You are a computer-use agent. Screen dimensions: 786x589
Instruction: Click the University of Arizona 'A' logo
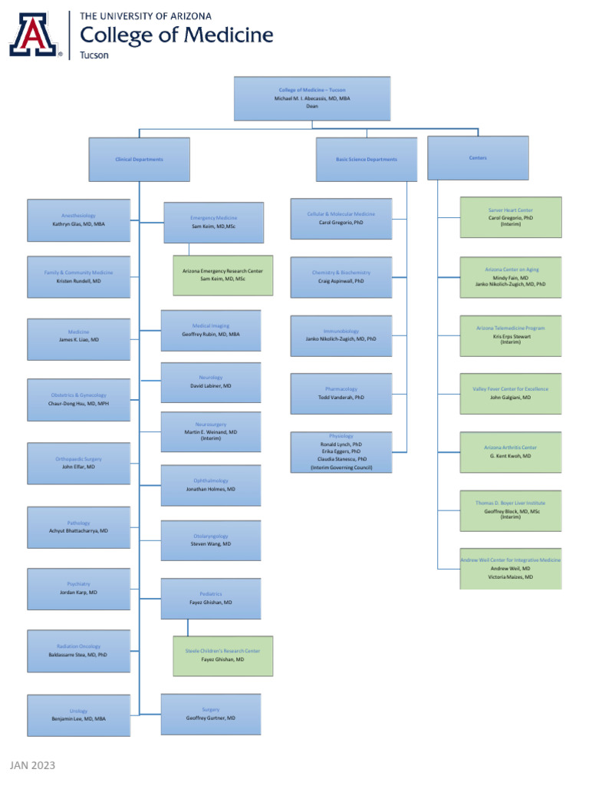35,35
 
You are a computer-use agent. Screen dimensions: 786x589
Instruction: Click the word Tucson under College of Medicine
94,55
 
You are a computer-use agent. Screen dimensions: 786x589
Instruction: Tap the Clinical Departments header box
140,159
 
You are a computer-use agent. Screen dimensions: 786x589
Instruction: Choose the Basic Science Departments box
366,159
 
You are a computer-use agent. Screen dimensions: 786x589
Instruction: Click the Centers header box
477,157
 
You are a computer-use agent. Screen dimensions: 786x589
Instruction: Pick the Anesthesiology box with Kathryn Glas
78,220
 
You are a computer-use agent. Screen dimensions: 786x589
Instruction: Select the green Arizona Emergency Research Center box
222,275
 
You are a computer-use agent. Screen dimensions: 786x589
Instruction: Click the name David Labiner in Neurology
211,386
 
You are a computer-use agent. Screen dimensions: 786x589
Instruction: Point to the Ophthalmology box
211,484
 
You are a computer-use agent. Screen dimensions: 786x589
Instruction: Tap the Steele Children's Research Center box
222,655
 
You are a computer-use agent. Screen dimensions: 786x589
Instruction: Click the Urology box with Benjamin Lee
78,715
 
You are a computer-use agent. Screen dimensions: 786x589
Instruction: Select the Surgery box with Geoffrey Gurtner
211,714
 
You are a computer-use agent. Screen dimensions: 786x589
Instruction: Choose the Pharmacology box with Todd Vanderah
341,393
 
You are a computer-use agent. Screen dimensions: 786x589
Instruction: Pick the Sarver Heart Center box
510,216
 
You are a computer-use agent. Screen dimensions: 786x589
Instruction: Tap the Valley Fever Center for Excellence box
510,393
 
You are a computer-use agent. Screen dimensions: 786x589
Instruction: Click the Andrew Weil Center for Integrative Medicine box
510,568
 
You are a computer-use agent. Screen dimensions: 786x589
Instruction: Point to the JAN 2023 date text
32,765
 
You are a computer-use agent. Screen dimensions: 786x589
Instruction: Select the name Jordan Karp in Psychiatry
78,593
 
